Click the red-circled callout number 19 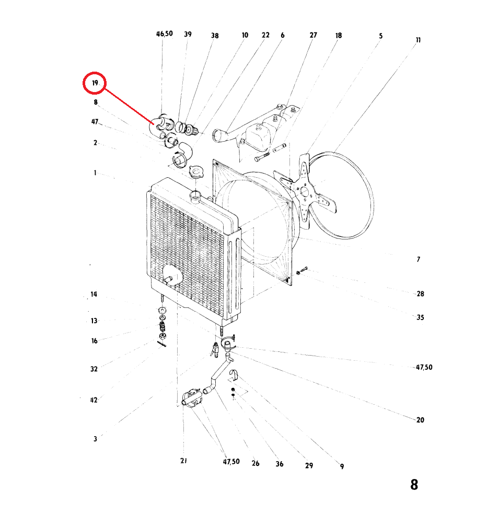point(95,83)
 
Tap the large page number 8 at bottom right point(414,485)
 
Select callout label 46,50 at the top point(164,34)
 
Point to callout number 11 point(418,40)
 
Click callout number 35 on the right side point(421,317)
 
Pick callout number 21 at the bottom point(183,461)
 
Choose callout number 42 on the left point(94,400)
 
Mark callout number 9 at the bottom point(342,466)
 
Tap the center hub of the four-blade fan point(304,191)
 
